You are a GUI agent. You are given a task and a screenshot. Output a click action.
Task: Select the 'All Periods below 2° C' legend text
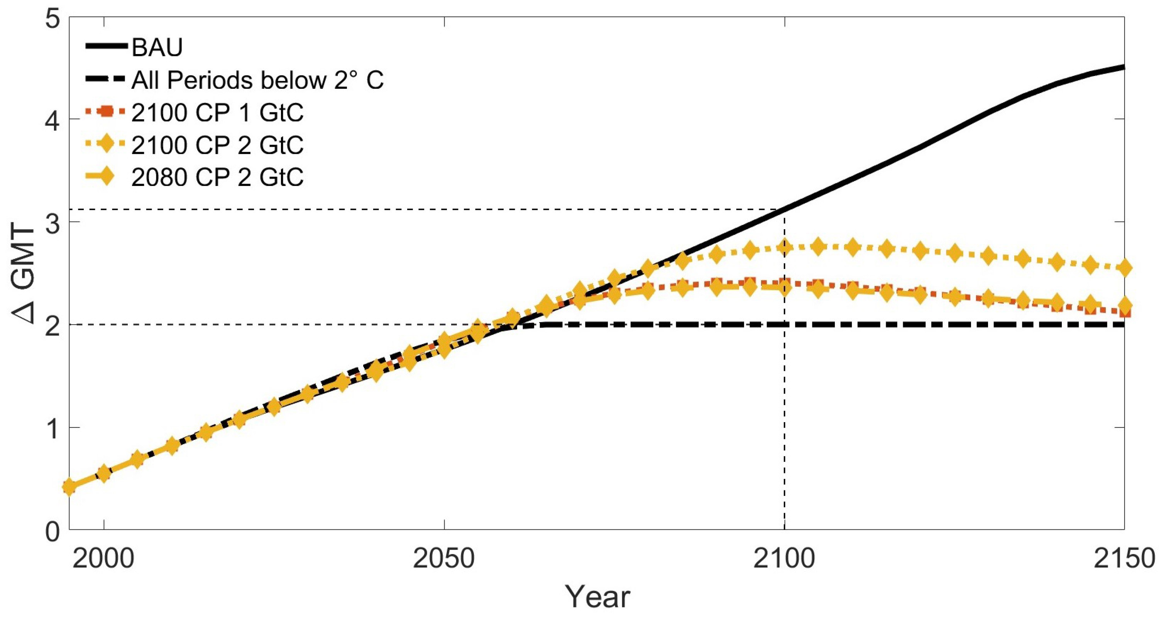(x=257, y=81)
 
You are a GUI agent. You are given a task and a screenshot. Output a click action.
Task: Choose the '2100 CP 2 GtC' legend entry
(x=217, y=145)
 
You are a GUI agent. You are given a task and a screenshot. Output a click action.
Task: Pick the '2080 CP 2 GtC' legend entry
(x=217, y=177)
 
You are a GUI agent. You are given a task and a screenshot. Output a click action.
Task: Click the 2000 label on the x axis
(x=103, y=558)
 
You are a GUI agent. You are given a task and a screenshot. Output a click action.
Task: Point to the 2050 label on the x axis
(x=444, y=558)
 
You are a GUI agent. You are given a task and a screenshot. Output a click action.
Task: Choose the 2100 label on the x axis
(x=784, y=558)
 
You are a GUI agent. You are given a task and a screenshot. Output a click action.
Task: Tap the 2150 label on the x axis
(x=1124, y=558)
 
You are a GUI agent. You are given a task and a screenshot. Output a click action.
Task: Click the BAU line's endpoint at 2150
(x=1124, y=67)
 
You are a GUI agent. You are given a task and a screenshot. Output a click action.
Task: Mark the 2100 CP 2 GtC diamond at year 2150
(x=1124, y=268)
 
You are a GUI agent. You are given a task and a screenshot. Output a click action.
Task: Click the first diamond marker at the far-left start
(x=69, y=487)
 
